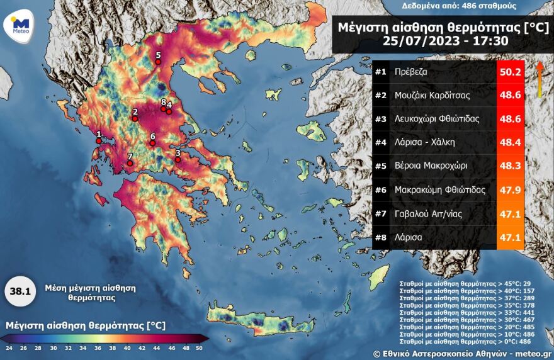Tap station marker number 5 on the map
point(158,62)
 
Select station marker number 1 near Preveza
point(98,140)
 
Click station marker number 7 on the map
point(130,164)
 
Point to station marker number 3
point(178,159)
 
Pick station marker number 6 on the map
point(152,143)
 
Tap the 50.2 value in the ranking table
point(510,72)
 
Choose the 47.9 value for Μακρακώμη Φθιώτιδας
point(510,190)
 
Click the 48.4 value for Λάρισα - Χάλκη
point(510,143)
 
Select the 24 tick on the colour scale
point(9,347)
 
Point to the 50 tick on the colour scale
point(200,347)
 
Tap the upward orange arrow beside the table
point(540,79)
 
